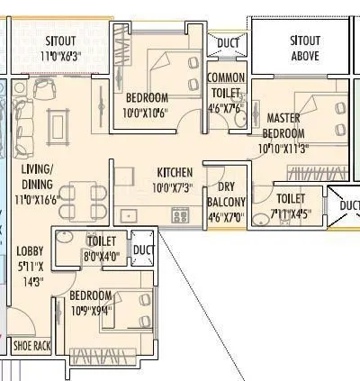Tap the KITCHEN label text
174,172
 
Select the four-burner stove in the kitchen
179,214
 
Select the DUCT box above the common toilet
228,41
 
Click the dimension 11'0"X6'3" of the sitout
60,57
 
